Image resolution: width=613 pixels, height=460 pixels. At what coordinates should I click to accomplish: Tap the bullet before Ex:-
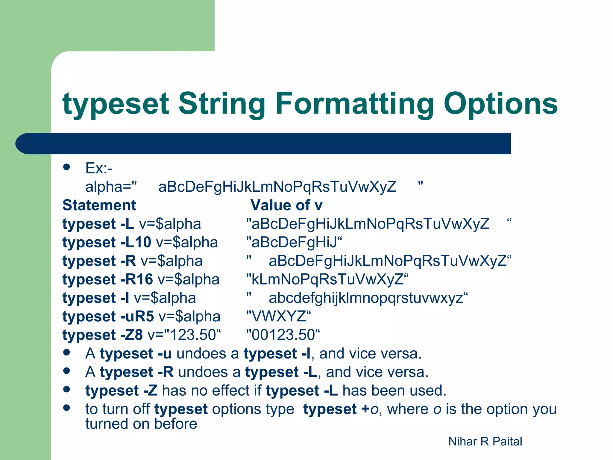tap(66, 167)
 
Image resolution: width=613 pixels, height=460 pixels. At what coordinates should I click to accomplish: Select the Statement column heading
tap(99, 205)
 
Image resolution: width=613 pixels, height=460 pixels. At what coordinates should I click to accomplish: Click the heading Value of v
tap(286, 205)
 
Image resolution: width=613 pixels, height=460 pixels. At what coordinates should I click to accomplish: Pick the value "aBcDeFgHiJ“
tap(294, 242)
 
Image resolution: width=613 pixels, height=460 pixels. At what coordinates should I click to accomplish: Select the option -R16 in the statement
tap(136, 279)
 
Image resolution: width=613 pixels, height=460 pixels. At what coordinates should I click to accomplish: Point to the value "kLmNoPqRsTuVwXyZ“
tap(327, 279)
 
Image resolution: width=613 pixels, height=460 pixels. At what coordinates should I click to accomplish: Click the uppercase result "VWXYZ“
tap(278, 316)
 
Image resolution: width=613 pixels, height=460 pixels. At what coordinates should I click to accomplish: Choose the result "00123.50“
tap(283, 335)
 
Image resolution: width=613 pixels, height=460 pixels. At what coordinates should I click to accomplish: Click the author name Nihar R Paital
tap(485, 441)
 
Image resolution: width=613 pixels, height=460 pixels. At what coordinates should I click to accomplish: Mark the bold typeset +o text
tap(341, 409)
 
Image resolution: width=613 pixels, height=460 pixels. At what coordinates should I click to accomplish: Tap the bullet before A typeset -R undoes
tap(66, 371)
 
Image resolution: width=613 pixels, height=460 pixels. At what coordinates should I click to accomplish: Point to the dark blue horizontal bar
tap(263, 143)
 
